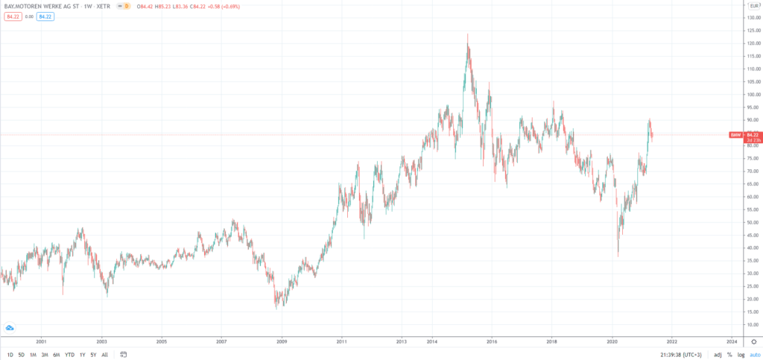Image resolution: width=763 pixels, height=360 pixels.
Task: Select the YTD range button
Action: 69,354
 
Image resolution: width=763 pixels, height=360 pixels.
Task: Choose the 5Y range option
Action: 93,354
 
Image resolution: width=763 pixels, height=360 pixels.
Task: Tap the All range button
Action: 104,354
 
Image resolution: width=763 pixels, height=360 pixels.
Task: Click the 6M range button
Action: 57,354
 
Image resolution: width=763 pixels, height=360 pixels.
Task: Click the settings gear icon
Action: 753,341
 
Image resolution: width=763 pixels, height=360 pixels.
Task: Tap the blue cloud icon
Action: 10,328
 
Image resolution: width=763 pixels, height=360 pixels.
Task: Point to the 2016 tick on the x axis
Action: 492,341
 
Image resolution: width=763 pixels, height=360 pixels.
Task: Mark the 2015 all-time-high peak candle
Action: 467,36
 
